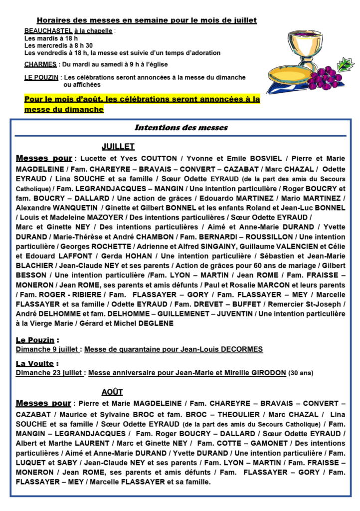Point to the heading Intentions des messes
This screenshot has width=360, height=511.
click(181, 127)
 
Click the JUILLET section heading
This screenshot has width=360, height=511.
click(118, 147)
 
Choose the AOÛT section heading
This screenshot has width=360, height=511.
click(112, 392)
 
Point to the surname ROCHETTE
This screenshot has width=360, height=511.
click(110, 246)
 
